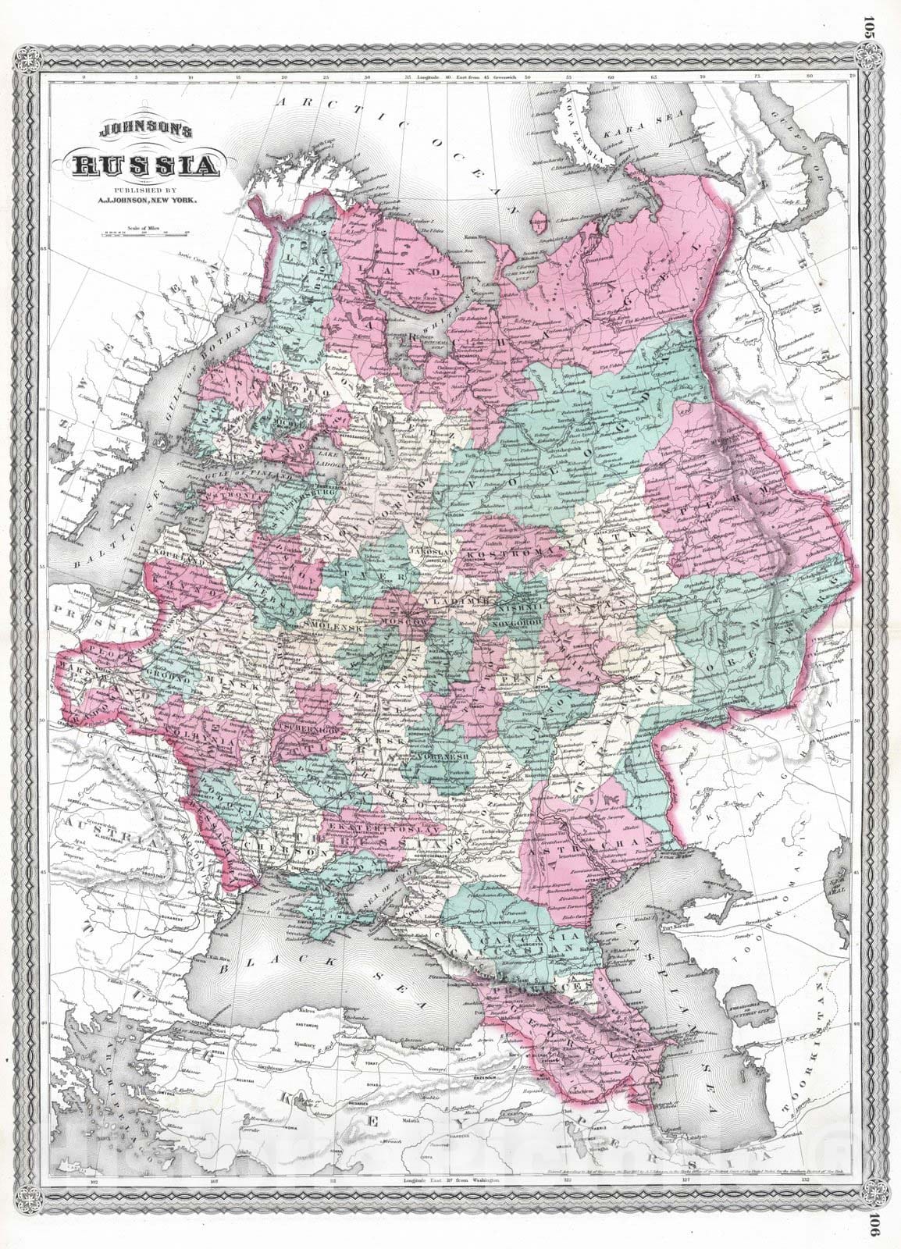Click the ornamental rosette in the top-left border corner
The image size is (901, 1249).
click(37, 60)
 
